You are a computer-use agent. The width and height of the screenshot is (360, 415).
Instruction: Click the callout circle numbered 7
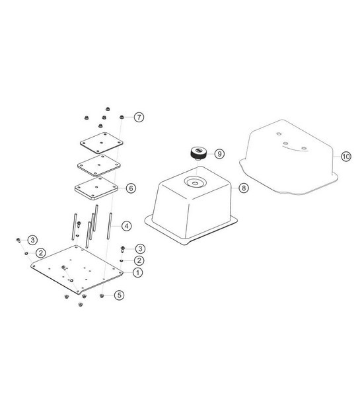(139, 118)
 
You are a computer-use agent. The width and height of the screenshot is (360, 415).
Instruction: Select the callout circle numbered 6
(131, 188)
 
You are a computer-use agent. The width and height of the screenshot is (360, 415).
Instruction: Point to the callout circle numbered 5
(119, 295)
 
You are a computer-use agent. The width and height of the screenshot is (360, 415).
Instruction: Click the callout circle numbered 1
(137, 272)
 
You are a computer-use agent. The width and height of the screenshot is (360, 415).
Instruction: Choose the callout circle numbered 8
(243, 188)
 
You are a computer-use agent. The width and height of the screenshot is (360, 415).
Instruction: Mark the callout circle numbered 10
(345, 157)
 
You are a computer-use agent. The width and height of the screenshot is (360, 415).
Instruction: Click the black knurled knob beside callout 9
(196, 154)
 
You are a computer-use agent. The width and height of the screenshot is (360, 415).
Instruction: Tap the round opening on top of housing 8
(196, 180)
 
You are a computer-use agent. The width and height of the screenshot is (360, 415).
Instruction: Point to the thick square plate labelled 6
(96, 188)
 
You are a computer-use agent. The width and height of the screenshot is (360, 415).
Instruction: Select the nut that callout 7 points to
(122, 118)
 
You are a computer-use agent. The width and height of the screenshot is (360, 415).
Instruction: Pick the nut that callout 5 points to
(102, 295)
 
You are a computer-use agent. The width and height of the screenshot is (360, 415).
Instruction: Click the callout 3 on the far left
(31, 239)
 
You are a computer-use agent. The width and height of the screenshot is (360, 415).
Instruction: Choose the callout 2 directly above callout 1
(137, 260)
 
